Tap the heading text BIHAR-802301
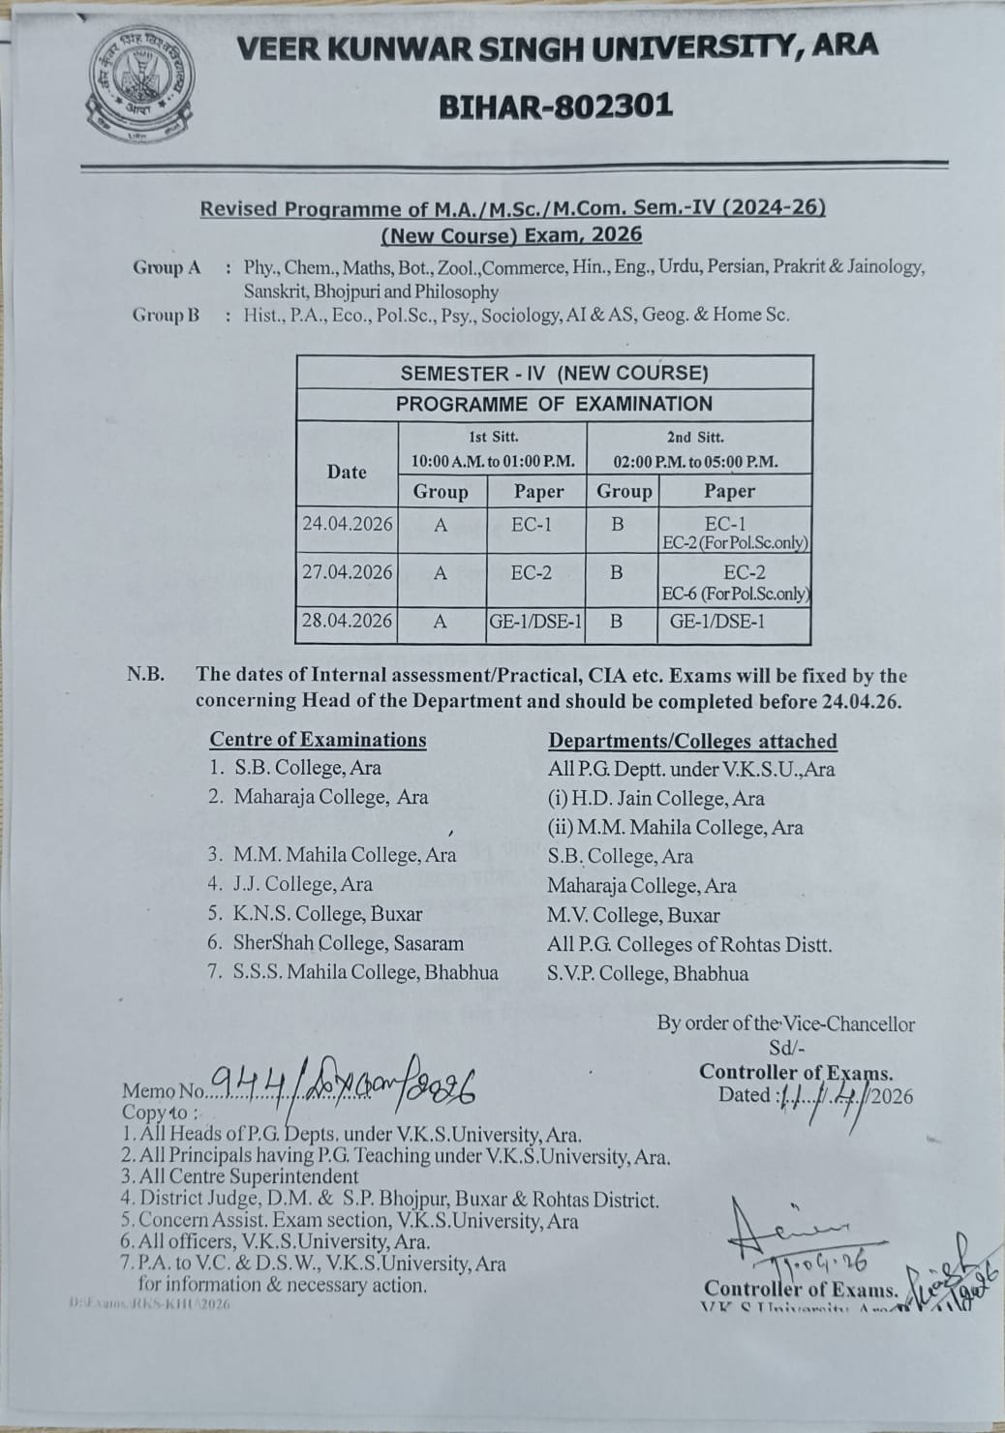pyautogui.click(x=556, y=106)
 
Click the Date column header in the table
pyautogui.click(x=347, y=472)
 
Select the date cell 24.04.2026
pyautogui.click(x=347, y=525)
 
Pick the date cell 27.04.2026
pyautogui.click(x=347, y=572)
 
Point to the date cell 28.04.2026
pyautogui.click(x=347, y=621)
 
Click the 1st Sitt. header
pyautogui.click(x=493, y=438)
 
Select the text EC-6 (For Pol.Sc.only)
pyautogui.click(x=736, y=594)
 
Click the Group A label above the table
pyautogui.click(x=167, y=267)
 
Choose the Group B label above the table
pyautogui.click(x=167, y=315)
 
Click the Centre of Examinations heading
pyautogui.click(x=318, y=740)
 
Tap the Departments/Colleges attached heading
pyautogui.click(x=692, y=742)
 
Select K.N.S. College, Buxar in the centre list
pyautogui.click(x=327, y=913)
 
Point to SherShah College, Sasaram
pyautogui.click(x=348, y=943)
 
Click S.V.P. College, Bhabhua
pyautogui.click(x=647, y=974)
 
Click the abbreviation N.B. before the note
pyautogui.click(x=145, y=675)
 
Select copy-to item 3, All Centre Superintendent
pyautogui.click(x=239, y=1177)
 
